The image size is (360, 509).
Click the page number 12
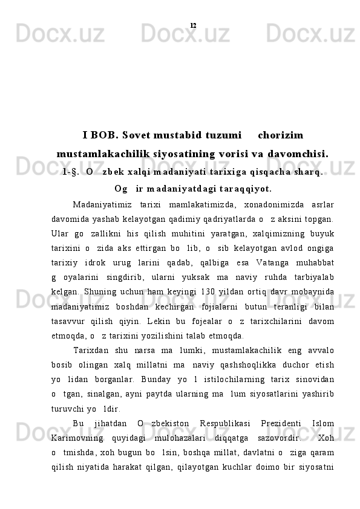pyautogui.click(x=192, y=25)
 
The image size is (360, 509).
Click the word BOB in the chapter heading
pyautogui.click(x=106, y=134)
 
